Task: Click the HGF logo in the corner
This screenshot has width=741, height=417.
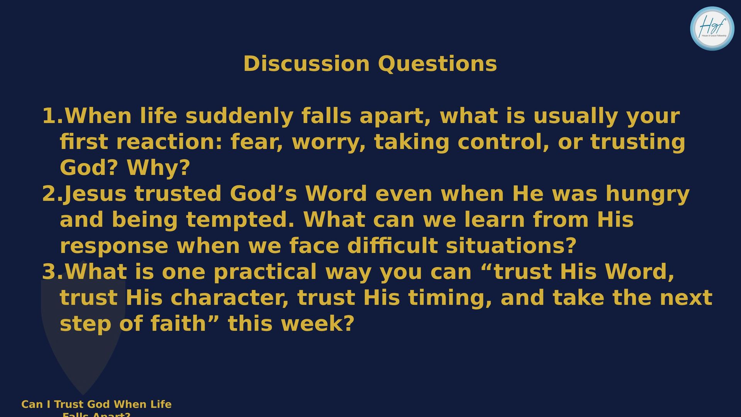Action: coord(712,28)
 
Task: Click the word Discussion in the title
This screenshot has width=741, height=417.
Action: coord(307,64)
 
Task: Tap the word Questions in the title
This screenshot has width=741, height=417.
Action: coord(437,64)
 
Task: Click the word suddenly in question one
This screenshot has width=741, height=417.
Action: coord(239,117)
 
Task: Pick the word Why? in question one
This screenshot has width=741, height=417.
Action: coord(158,168)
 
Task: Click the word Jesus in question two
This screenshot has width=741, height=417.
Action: coord(95,194)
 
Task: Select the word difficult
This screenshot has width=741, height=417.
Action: coord(392,246)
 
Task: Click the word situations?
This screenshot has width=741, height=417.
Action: coord(511,246)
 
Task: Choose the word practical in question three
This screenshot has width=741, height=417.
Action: coord(265,272)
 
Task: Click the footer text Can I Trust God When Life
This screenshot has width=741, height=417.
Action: coord(97,404)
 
